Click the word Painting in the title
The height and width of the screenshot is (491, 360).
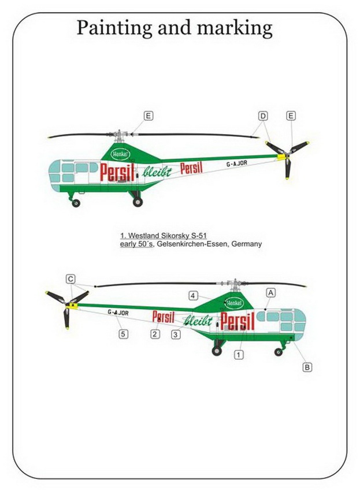[x=114, y=28]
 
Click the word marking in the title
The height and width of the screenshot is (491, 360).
[x=235, y=28]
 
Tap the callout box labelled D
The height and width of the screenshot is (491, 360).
[x=263, y=116]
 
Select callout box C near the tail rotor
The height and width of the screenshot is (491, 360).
[x=71, y=279]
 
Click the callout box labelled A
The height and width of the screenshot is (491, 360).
[x=270, y=293]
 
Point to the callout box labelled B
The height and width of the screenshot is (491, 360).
[x=307, y=367]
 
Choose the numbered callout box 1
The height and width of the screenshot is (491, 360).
[x=239, y=355]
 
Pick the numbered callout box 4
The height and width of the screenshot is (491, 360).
[x=194, y=295]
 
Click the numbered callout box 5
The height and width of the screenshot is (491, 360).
[x=123, y=334]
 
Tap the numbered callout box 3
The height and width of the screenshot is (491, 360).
[x=176, y=334]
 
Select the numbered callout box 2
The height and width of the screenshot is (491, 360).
[x=155, y=334]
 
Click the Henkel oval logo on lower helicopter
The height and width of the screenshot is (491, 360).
[x=235, y=303]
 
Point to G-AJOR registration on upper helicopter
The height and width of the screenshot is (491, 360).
[x=236, y=163]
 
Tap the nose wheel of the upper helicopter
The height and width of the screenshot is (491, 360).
[x=76, y=203]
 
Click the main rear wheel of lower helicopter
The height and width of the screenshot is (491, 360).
[x=217, y=351]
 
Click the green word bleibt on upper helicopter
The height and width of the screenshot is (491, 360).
[x=157, y=171]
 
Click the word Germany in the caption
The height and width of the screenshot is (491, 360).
[x=246, y=244]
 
